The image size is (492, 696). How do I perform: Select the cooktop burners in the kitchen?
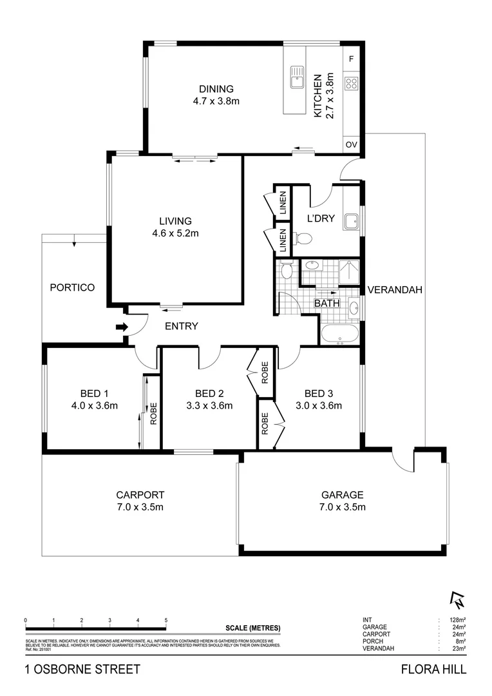(352, 82)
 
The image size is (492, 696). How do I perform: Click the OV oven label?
(352, 144)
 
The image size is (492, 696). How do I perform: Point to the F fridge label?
(352, 59)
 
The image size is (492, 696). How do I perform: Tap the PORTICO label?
(72, 287)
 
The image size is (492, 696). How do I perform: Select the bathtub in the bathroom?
(339, 334)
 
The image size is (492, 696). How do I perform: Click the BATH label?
(326, 304)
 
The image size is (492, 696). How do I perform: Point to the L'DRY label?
(321, 218)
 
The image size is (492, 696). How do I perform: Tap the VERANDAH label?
(395, 290)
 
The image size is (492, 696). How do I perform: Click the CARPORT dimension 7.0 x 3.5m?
(140, 507)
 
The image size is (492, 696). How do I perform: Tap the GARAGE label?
(343, 495)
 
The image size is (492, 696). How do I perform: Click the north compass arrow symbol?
(458, 600)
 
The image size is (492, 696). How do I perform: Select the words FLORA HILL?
(433, 670)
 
